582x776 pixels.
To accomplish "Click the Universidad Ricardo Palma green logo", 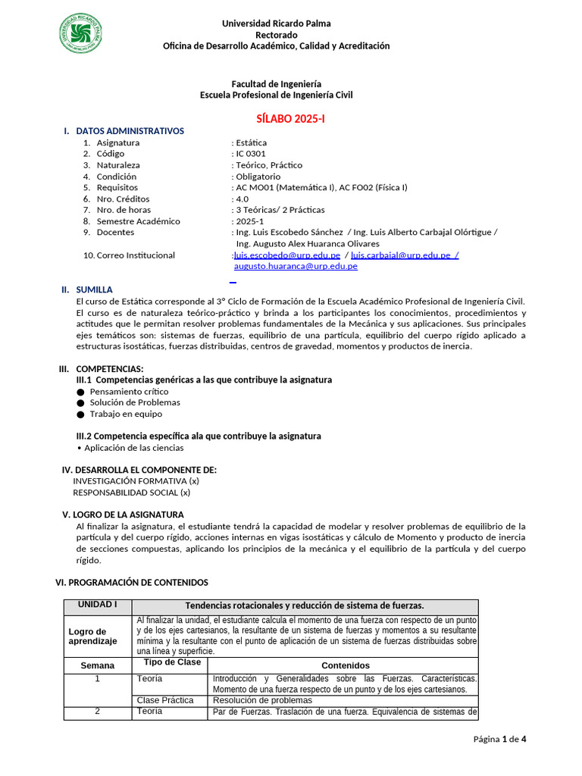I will pos(80,33).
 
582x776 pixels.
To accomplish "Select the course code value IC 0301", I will pos(251,154).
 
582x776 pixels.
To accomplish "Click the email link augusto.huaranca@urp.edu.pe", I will pos(296,266).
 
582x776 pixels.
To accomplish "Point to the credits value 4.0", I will pos(242,199).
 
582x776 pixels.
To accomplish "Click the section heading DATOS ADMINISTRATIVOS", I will pos(130,131).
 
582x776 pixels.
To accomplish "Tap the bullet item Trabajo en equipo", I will pos(126,414).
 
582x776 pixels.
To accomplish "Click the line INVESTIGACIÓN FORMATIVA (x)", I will pos(136,480).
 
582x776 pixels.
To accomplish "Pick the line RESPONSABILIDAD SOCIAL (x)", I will pos(131,492).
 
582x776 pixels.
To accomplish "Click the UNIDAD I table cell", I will pos(98,605).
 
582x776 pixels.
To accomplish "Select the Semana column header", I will pos(98,665).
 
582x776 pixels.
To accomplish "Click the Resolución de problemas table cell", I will pos(263,700).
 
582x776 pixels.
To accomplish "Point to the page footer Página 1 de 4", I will pos(499,740).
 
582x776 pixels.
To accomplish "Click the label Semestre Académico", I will pos(139,221).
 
